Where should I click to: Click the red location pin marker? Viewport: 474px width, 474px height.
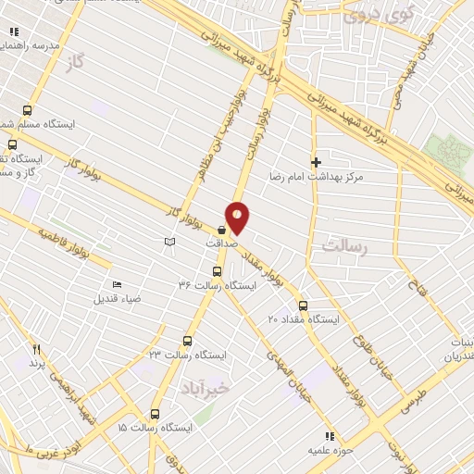click(238, 218)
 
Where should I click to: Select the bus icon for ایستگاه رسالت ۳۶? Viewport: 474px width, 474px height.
click(217, 271)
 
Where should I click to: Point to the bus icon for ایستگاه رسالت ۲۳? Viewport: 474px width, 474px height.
click(188, 341)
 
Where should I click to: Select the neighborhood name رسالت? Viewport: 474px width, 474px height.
click(344, 246)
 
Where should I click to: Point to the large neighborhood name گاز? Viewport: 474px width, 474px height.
click(75, 64)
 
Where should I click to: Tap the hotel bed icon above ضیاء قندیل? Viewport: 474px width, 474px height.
click(116, 284)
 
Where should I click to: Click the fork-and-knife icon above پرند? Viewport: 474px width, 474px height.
click(37, 349)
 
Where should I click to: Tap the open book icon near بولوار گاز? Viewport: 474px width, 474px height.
click(168, 242)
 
